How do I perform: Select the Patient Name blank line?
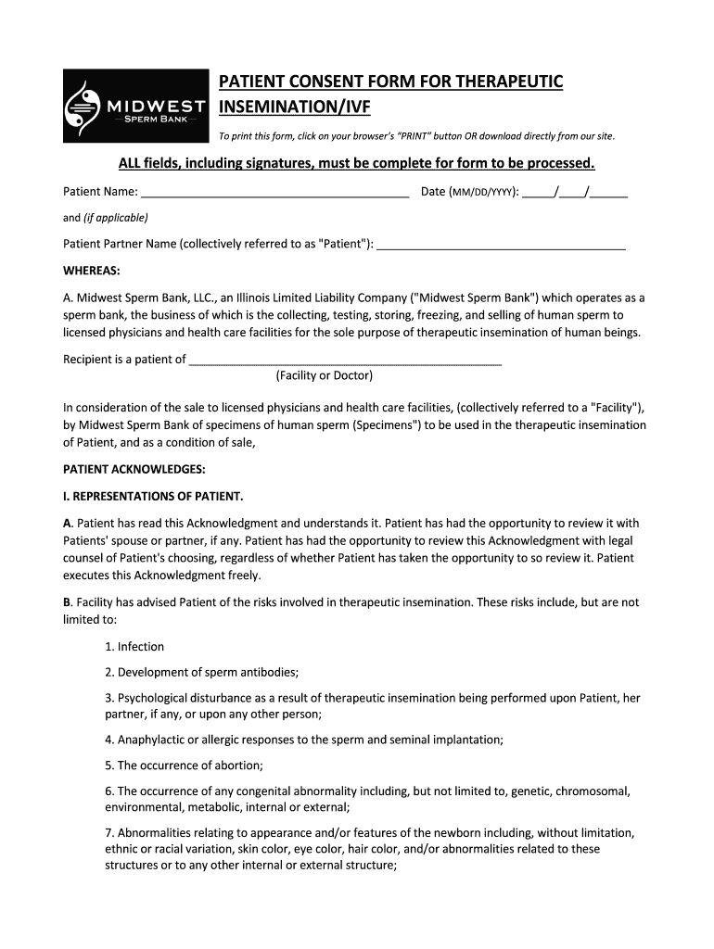pos(274,193)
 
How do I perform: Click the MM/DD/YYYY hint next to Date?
pos(482,193)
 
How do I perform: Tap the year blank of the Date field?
pos(609,193)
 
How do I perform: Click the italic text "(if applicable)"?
pos(116,218)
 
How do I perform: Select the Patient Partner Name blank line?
pos(502,244)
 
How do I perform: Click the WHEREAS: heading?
pos(91,271)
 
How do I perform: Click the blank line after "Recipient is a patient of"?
pos(345,360)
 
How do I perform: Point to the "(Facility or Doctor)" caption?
pos(325,375)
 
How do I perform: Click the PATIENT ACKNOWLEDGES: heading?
pos(134,469)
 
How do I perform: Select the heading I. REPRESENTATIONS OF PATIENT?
pos(152,496)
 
